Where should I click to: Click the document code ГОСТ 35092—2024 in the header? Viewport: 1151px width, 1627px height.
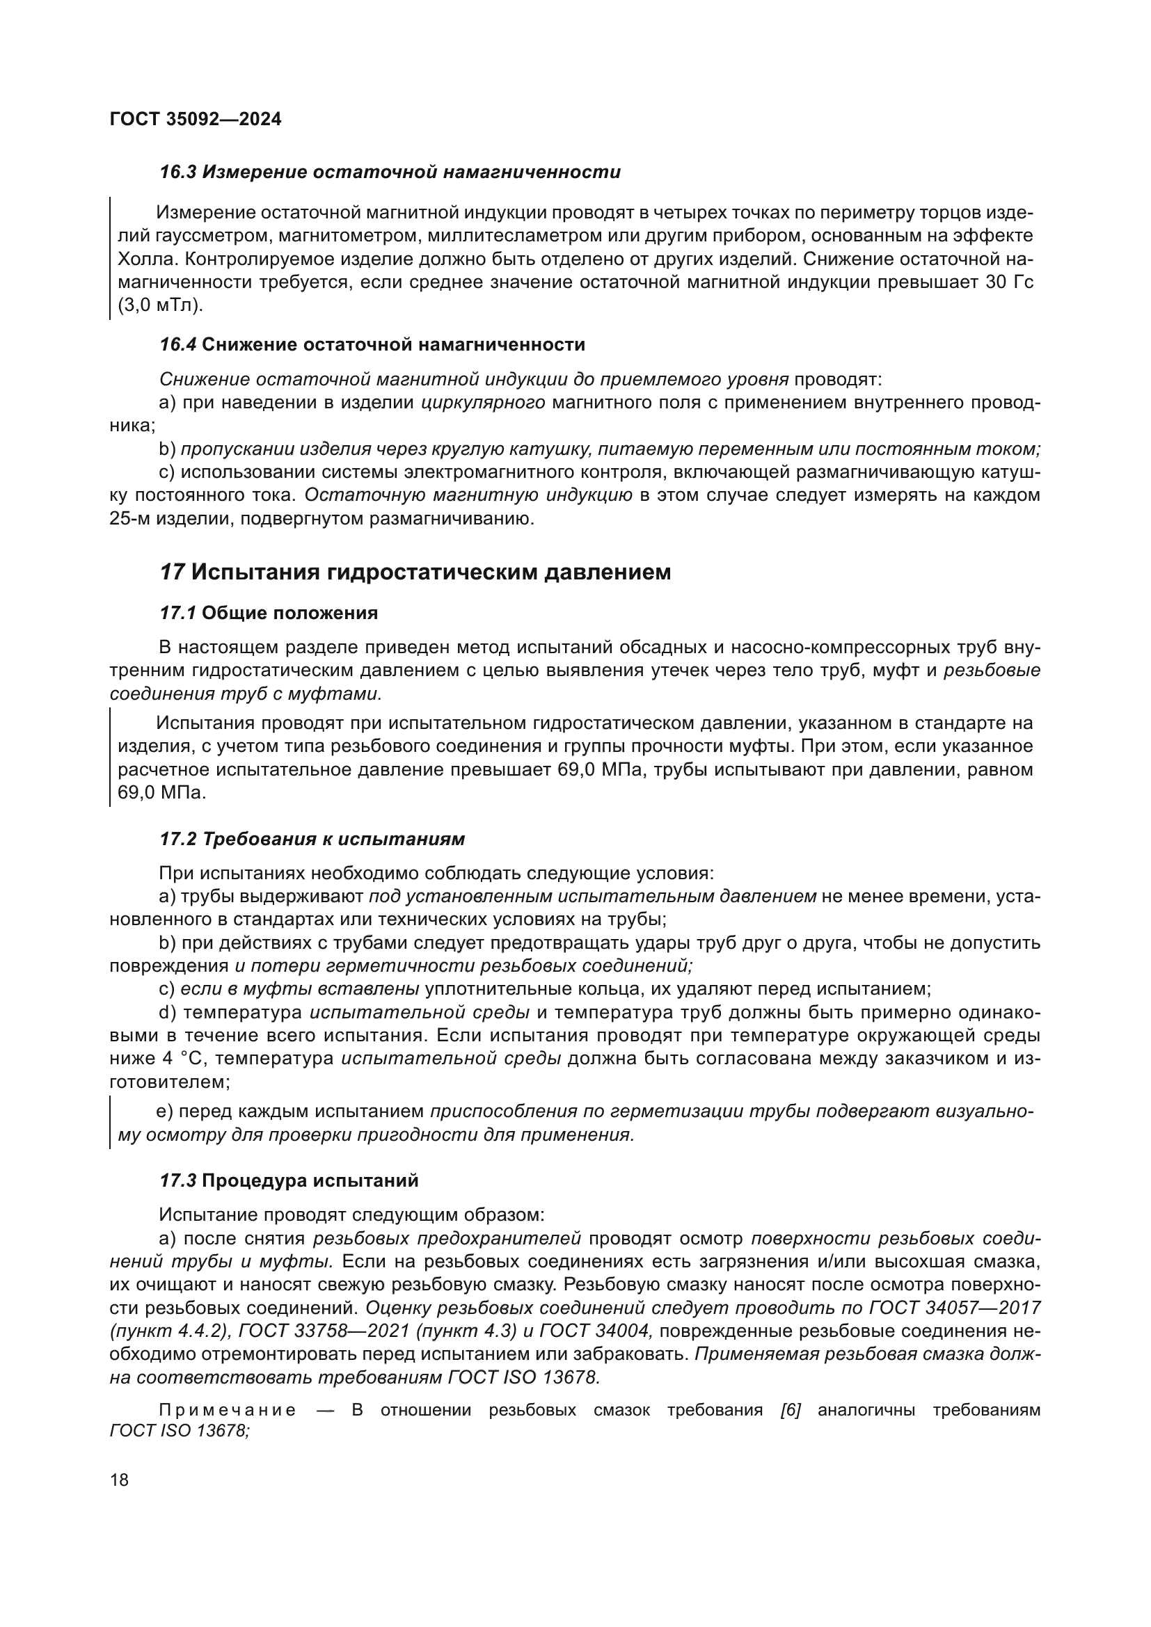[196, 119]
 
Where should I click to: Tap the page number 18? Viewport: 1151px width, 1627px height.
[120, 1479]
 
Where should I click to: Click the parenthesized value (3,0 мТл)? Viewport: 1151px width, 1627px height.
[159, 305]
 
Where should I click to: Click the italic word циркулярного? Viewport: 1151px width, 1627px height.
[483, 403]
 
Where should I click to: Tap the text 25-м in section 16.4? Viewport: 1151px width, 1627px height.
[129, 518]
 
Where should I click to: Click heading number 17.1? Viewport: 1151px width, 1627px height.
[177, 613]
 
